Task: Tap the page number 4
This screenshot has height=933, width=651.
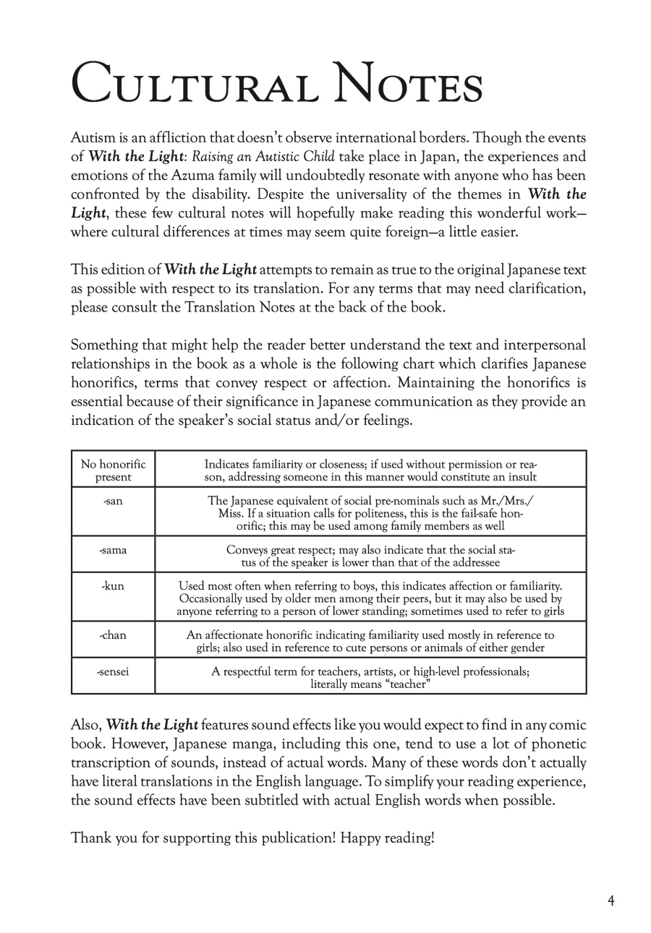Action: [611, 900]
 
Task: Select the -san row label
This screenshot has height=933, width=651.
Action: [113, 501]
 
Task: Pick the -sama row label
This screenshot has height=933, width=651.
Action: [113, 550]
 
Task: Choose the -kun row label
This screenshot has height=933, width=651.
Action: [113, 586]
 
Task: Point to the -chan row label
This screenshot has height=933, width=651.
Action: [113, 635]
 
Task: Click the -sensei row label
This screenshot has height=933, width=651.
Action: [113, 671]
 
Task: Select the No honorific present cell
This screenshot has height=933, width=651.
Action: [113, 470]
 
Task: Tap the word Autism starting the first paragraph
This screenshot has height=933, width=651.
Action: [90, 138]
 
